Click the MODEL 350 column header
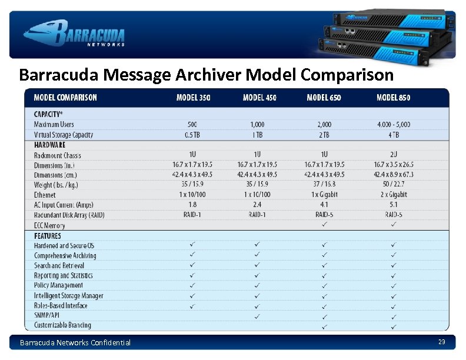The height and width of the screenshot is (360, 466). [193, 97]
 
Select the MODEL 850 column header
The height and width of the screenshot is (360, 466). [393, 97]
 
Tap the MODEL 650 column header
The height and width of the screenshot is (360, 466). [324, 97]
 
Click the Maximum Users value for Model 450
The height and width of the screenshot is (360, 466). [257, 125]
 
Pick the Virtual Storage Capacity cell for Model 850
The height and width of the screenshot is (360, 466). [393, 135]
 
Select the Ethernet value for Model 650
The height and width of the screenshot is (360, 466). [324, 195]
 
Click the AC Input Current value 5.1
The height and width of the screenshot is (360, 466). [393, 205]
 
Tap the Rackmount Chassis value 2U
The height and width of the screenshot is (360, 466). [393, 155]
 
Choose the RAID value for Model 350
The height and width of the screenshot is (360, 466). [192, 215]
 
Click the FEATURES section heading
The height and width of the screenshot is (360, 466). [48, 236]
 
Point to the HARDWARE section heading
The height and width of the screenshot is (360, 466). [50, 145]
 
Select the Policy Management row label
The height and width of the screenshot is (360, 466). [58, 285]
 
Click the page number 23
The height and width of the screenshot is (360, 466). [441, 342]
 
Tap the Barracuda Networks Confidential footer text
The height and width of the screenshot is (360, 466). [75, 342]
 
